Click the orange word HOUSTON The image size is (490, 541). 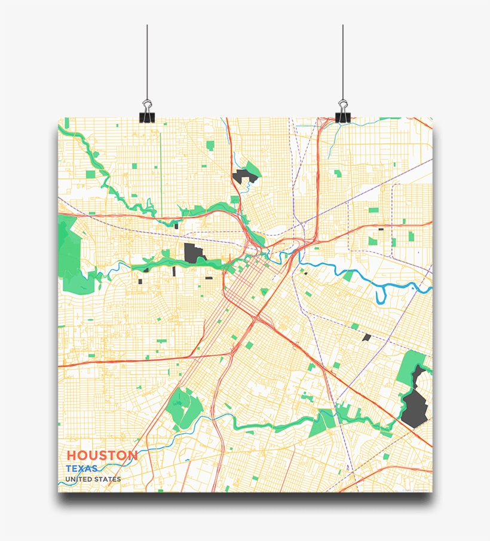pyautogui.click(x=102, y=455)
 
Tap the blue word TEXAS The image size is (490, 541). pyautogui.click(x=82, y=469)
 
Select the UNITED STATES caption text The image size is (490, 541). pyautogui.click(x=93, y=479)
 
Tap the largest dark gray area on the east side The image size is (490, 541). pyautogui.click(x=414, y=404)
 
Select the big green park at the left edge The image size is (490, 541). pyautogui.click(x=72, y=257)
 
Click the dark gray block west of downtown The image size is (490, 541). pyautogui.click(x=194, y=253)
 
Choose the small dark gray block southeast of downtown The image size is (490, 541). pyautogui.click(x=366, y=338)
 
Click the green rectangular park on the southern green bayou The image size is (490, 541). pyautogui.click(x=323, y=423)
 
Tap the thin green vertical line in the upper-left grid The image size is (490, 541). pyautogui.click(x=161, y=168)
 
